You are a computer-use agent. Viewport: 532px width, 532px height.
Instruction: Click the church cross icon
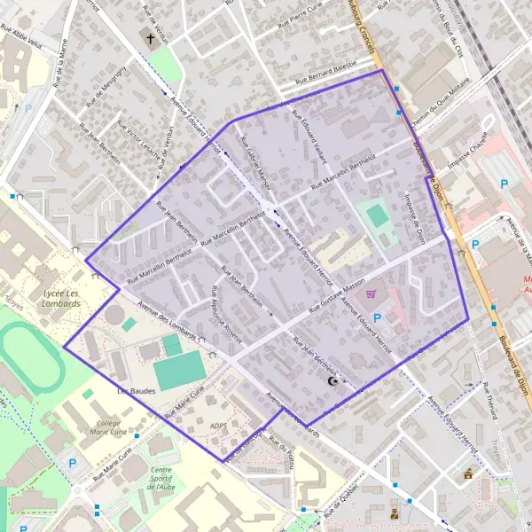pos(151,39)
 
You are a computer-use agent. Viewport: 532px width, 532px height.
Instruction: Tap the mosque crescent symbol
pos(334,381)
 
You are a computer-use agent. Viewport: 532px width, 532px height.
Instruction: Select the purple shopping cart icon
pos(371,293)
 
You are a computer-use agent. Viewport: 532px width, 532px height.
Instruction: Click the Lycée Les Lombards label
pos(61,297)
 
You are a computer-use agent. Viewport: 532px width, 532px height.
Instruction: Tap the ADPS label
pos(219,426)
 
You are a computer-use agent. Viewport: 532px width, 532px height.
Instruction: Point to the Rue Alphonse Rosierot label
pos(226,309)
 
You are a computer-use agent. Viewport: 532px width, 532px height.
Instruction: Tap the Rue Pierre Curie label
pos(307,14)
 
